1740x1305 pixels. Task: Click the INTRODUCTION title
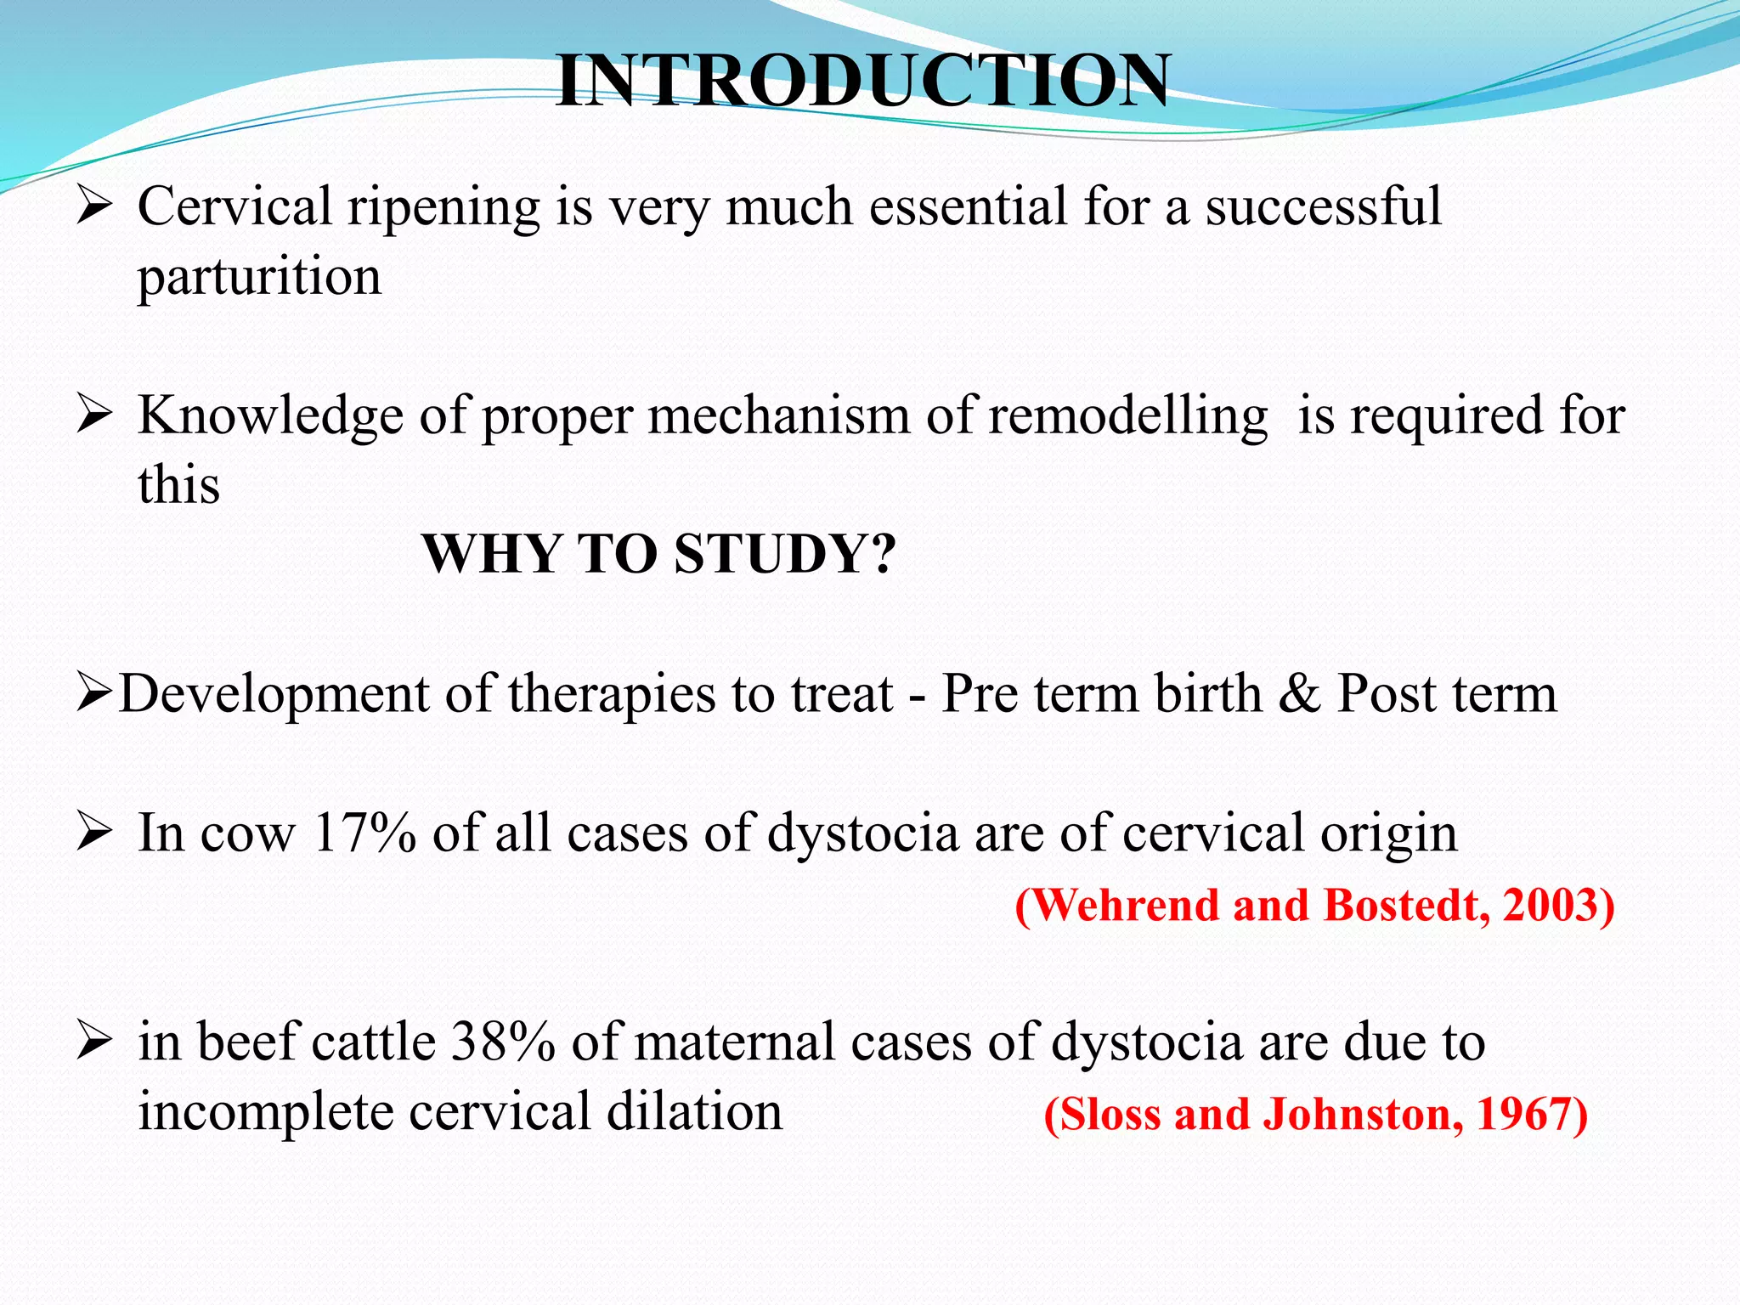point(862,82)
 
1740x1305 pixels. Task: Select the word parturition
point(259,278)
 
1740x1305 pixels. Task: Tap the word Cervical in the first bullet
point(234,206)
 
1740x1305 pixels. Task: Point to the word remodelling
point(1127,416)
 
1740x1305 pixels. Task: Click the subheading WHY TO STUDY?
point(658,554)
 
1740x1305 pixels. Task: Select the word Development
point(274,693)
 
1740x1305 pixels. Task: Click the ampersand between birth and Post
point(1299,693)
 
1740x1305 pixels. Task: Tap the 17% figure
point(364,833)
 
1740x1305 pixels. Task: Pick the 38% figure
point(503,1042)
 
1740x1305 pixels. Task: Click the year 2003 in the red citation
point(1557,906)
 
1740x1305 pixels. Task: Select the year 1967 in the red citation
point(1531,1115)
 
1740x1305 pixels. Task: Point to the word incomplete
point(266,1113)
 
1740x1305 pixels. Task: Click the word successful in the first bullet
point(1323,206)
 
